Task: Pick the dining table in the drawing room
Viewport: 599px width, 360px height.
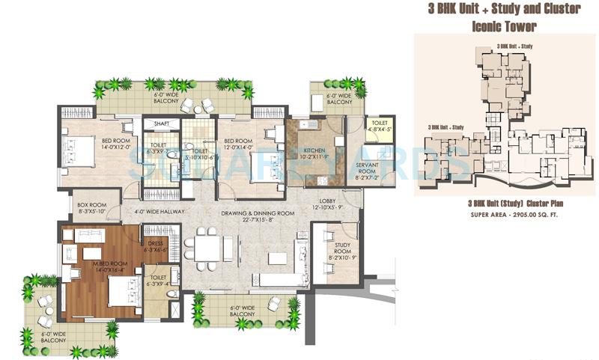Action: pyautogui.click(x=201, y=247)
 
